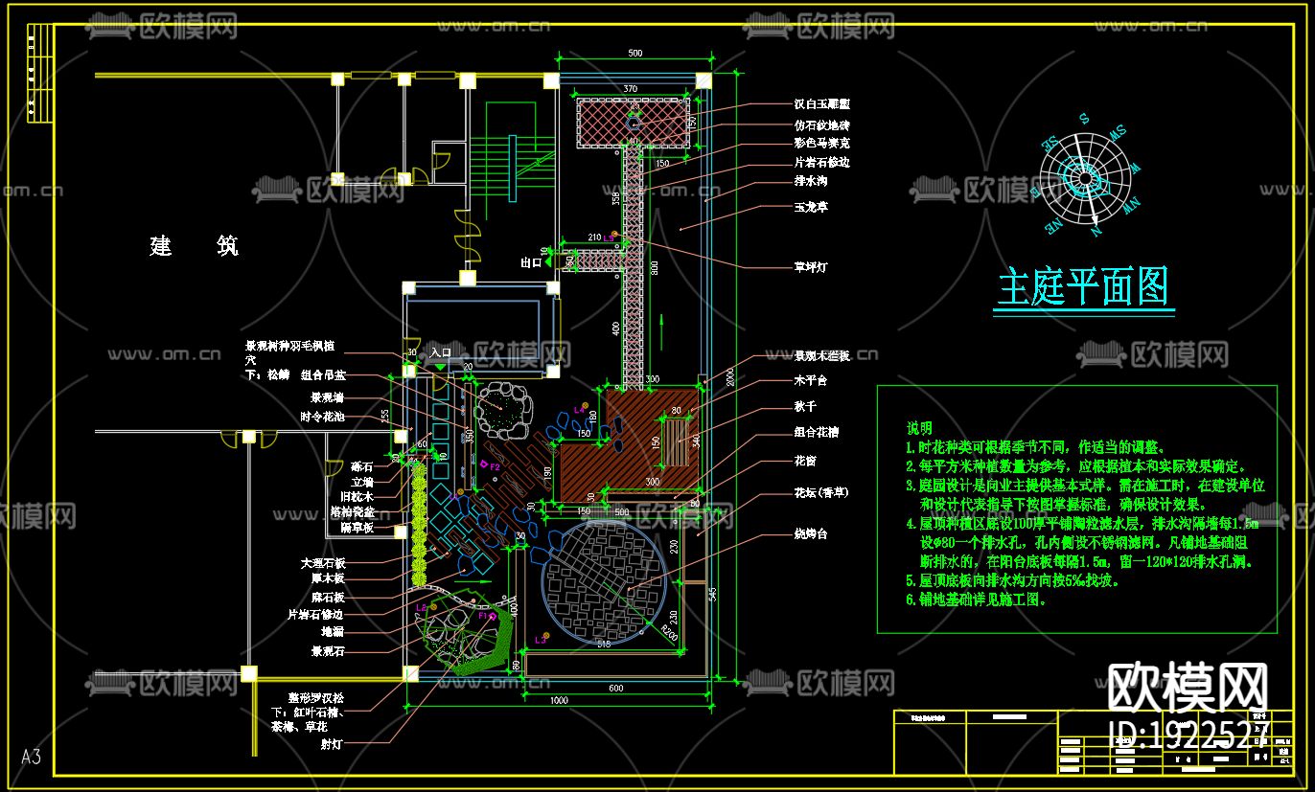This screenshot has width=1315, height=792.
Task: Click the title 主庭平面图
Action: click(x=1084, y=286)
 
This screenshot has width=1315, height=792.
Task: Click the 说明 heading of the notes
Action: click(x=919, y=428)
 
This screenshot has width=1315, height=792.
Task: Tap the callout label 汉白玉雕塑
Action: click(x=821, y=104)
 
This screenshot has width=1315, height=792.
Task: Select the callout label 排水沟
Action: click(x=810, y=181)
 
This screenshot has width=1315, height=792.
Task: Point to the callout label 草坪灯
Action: click(x=810, y=267)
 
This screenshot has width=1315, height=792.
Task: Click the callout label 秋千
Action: click(x=804, y=407)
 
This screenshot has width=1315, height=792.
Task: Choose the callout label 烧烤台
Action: click(x=810, y=533)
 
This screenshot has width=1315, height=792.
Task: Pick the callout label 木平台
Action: click(x=810, y=381)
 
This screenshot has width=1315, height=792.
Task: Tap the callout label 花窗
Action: click(x=804, y=461)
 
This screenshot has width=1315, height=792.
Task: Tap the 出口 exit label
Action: click(x=531, y=262)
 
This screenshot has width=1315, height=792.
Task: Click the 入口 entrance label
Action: click(x=440, y=353)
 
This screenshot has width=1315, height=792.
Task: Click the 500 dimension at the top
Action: click(x=634, y=54)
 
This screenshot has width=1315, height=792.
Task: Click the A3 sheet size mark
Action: click(x=31, y=758)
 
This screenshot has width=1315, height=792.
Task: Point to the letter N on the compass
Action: click(x=1096, y=231)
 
